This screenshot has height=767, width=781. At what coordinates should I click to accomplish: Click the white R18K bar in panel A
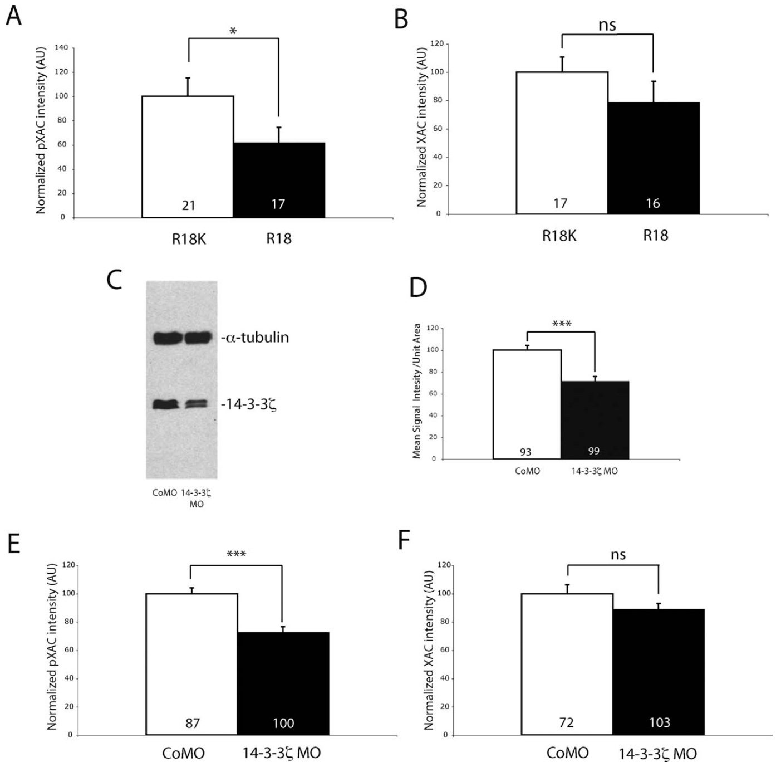coord(188,156)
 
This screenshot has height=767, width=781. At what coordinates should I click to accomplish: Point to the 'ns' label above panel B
coord(607,25)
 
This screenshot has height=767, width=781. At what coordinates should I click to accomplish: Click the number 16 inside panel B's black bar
coord(652,203)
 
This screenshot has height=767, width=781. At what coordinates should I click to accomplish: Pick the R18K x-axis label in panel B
coord(559,236)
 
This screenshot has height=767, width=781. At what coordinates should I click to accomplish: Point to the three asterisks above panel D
coord(561,324)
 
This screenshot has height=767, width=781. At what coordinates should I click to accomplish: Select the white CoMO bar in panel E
coord(191,663)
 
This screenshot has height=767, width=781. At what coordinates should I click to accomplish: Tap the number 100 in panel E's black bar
coord(283,723)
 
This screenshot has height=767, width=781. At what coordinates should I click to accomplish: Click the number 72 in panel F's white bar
coord(566,723)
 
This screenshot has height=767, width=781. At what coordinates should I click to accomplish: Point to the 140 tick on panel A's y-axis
coord(62,48)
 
